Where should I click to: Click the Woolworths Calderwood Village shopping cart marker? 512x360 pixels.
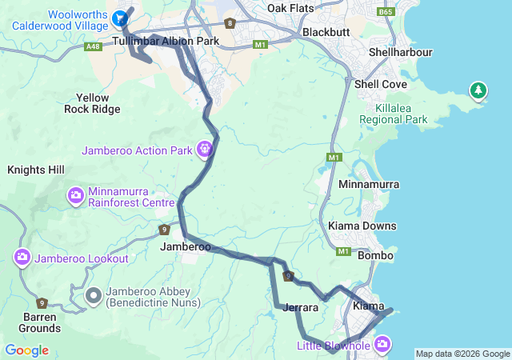pos(120,18)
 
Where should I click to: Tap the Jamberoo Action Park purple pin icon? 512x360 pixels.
pos(206,148)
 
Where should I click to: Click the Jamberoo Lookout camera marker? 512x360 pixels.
pos(22,258)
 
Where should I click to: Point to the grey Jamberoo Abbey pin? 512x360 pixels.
pos(94,295)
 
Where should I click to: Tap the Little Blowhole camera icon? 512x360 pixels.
pos(382,344)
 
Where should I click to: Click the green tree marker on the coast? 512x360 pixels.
pos(478,90)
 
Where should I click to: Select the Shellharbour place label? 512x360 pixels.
pos(400,52)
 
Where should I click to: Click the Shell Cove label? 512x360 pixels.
pos(381,84)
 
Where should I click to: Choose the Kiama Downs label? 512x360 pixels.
pos(362,226)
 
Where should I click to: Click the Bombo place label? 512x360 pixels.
pos(374,255)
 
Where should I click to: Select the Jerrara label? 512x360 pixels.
pos(301,307)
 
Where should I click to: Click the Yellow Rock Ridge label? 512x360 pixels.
pos(92,103)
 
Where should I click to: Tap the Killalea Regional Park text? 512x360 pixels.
pos(393,114)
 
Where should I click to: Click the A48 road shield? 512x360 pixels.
pos(93,47)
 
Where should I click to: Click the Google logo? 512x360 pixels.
pos(26,350)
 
